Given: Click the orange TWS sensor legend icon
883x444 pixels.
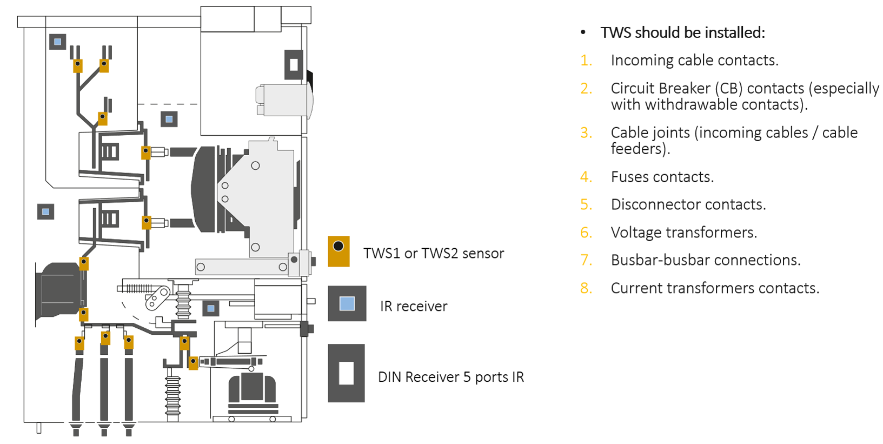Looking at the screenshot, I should [338, 251].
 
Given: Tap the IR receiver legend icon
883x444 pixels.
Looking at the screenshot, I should [347, 303].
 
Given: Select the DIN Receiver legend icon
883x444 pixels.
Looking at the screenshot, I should [346, 373].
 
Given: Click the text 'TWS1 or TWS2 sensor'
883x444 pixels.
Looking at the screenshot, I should [433, 253].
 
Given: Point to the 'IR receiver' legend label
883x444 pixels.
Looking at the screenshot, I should [414, 306].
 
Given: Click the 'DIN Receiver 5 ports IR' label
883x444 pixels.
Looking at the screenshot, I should [450, 377].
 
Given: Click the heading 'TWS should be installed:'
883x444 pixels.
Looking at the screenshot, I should [682, 32].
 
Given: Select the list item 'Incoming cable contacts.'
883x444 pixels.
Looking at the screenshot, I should [694, 60].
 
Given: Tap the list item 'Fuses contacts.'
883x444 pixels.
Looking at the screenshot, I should [662, 177].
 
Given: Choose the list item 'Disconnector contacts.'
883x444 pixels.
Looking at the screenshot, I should [688, 204].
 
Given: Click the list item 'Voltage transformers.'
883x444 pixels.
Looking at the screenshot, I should [683, 233].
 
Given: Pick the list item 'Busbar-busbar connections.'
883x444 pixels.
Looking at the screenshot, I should [705, 260].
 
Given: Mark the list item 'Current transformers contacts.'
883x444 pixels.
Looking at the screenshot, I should [715, 288].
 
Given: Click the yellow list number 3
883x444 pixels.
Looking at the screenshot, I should [586, 132].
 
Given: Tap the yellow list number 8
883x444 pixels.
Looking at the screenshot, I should [586, 288].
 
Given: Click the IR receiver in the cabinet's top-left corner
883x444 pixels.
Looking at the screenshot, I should [57, 42].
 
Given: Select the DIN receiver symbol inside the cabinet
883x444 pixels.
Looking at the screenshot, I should [294, 64].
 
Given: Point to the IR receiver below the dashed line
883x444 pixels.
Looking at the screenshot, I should [169, 119].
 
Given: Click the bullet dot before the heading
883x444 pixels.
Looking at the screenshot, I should [583, 32].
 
